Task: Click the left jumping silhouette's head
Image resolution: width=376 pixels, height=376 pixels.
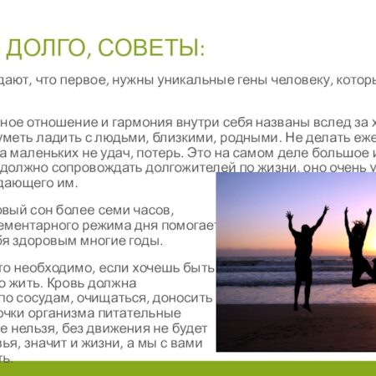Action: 304,230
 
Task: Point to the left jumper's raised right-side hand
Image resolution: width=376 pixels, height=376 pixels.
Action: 325,210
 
